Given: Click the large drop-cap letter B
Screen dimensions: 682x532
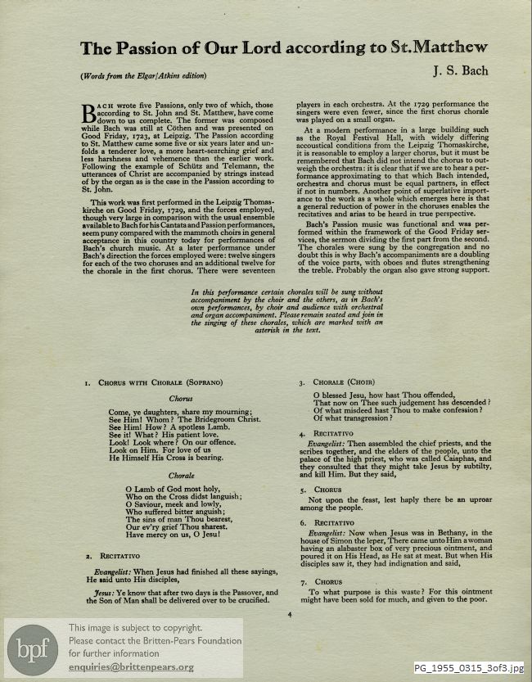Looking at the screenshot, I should point(89,109).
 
